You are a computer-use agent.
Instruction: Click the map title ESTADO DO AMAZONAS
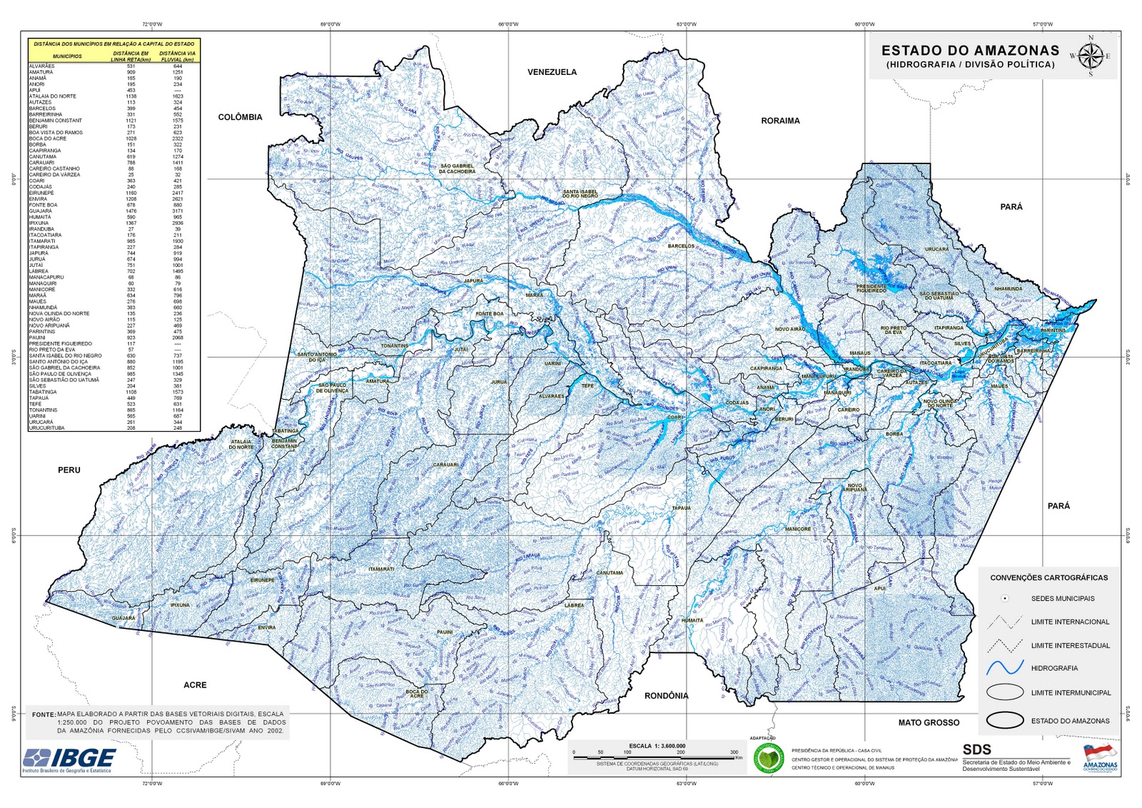pyautogui.click(x=970, y=51)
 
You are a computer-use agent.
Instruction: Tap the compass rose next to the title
pyautogui.click(x=1089, y=56)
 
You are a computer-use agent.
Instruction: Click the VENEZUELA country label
pyautogui.click(x=552, y=72)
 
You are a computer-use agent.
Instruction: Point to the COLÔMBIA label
pyautogui.click(x=240, y=117)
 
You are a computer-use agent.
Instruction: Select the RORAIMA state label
pyautogui.click(x=780, y=121)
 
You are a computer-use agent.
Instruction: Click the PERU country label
pyautogui.click(x=69, y=470)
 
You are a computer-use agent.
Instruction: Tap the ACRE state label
pyautogui.click(x=195, y=685)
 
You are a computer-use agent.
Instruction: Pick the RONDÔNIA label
pyautogui.click(x=666, y=695)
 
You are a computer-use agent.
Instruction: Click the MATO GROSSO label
pyautogui.click(x=929, y=722)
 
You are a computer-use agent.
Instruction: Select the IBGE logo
pyautogui.click(x=69, y=759)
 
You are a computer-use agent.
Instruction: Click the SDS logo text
pyautogui.click(x=976, y=749)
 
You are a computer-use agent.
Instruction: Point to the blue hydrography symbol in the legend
pyautogui.click(x=1005, y=668)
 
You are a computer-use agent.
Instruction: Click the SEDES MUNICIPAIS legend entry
pyautogui.click(x=1062, y=598)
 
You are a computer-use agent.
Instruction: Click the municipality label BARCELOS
pyautogui.click(x=681, y=246)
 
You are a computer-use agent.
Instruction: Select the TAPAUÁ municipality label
pyautogui.click(x=681, y=507)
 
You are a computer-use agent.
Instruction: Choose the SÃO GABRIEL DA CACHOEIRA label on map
pyautogui.click(x=457, y=168)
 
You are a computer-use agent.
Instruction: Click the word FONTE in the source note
pyautogui.click(x=44, y=714)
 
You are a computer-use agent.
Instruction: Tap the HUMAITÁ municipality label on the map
pyautogui.click(x=692, y=620)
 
